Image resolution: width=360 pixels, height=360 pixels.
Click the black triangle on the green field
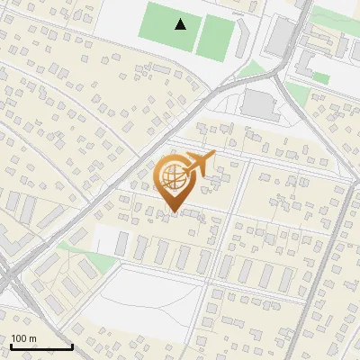pyautogui.click(x=181, y=24)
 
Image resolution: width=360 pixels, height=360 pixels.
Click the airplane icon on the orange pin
pyautogui.click(x=201, y=165)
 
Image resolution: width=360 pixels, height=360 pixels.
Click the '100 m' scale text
pyautogui.click(x=23, y=338)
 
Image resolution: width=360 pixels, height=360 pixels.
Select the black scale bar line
pyautogui.click(x=41, y=346)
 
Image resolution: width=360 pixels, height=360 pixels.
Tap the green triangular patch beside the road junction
pyautogui.click(x=253, y=70)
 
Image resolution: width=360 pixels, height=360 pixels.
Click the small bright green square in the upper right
pyautogui.click(x=321, y=78)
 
